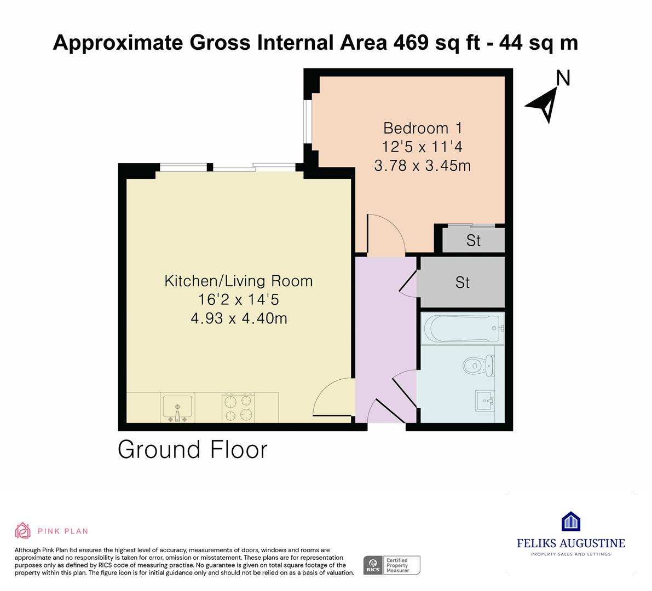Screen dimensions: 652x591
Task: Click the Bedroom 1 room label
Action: (x=423, y=128)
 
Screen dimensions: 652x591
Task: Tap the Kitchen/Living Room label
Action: (x=239, y=281)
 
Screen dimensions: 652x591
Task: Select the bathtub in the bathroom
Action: (x=463, y=328)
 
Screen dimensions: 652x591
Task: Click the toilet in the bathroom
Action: (x=478, y=366)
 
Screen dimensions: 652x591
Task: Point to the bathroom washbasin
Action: (x=485, y=401)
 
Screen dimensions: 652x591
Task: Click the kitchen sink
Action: (x=177, y=408)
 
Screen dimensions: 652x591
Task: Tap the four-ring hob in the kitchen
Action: (x=238, y=408)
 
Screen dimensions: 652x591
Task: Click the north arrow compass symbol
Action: (x=543, y=105)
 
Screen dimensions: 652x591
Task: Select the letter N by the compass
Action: (x=563, y=78)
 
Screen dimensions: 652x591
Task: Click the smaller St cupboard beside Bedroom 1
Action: (x=473, y=240)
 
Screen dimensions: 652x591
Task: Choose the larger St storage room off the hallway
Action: (x=463, y=282)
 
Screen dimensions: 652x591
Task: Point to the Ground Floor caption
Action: (x=193, y=450)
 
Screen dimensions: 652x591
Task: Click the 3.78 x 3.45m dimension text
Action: (x=423, y=166)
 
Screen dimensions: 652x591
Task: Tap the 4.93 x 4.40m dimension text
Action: (x=239, y=318)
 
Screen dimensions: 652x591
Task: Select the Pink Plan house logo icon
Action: (x=22, y=531)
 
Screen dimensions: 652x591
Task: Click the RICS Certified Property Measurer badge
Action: (x=392, y=565)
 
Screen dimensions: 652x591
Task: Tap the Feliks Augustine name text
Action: (x=571, y=543)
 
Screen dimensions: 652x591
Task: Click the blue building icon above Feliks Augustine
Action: (x=571, y=521)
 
